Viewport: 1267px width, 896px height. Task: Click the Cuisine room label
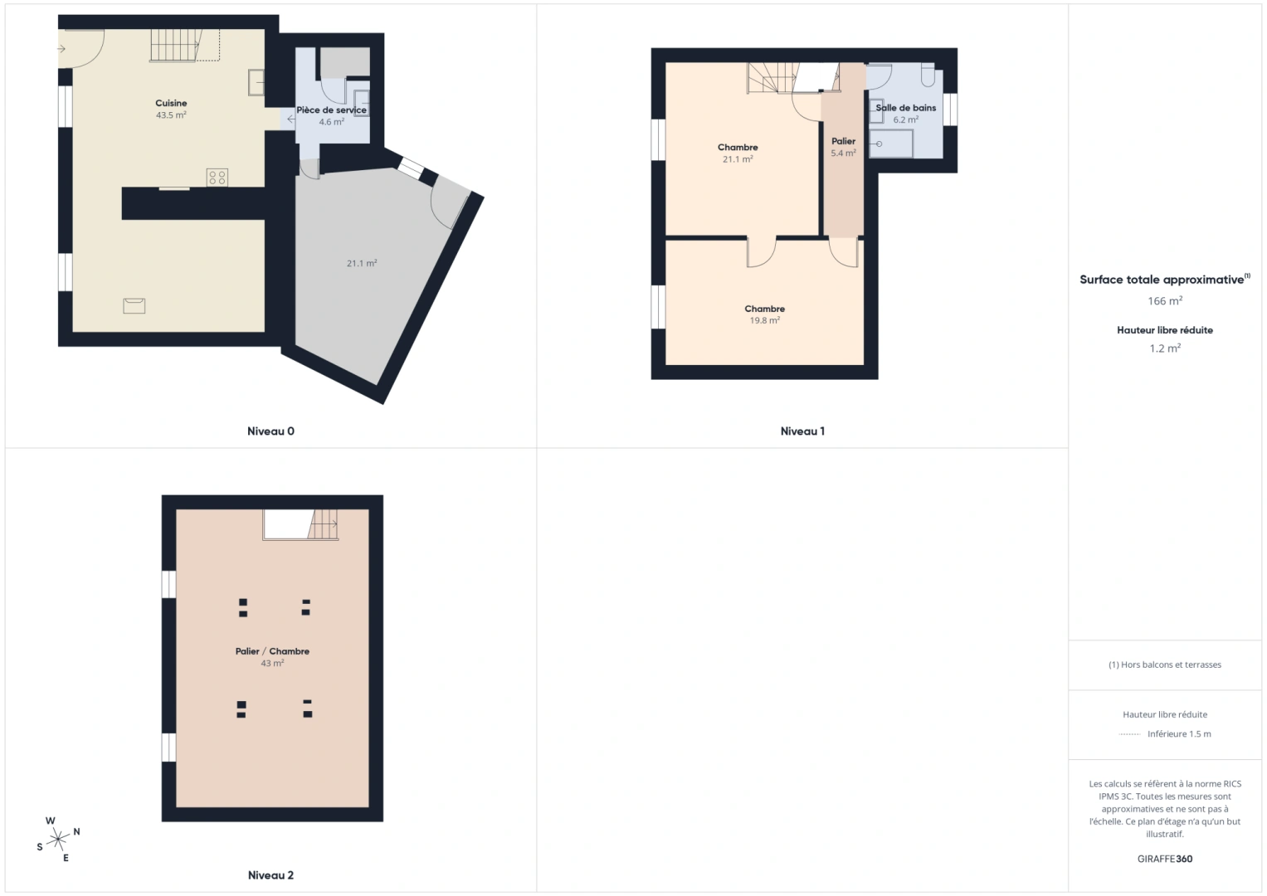171,104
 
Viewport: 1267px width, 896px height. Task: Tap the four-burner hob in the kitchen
217,177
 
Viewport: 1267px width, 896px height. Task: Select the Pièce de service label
331,110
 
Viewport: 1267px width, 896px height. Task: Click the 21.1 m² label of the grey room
362,263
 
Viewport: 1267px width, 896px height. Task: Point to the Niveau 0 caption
270,431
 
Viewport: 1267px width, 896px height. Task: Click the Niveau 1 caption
802,431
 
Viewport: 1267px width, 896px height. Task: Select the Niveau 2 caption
270,875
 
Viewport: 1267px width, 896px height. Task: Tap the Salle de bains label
906,108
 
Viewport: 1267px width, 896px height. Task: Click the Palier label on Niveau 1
843,141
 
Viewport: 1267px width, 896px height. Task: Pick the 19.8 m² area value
764,320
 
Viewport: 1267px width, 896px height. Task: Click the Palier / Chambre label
272,651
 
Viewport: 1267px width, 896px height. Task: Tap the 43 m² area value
272,664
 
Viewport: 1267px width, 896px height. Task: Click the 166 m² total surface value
1165,301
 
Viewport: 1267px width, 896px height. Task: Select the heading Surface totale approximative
1162,280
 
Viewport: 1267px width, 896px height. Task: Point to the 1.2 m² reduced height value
1165,348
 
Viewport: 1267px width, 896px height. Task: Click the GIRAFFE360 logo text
1165,859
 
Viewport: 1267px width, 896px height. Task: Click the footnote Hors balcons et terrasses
1165,665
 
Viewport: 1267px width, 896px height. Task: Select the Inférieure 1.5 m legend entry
1178,734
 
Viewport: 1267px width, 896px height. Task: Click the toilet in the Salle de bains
928,76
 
